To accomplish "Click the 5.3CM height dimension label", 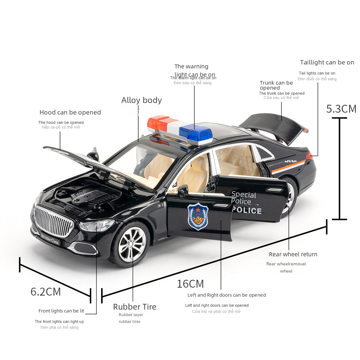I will [341, 108].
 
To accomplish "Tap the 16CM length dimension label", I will [190, 284].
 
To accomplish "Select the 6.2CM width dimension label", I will [46, 291].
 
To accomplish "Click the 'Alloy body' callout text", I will [141, 100].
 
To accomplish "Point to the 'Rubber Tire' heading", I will [135, 307].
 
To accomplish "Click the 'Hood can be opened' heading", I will [70, 112].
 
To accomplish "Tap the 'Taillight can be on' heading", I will [327, 62].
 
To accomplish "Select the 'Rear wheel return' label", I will [293, 254].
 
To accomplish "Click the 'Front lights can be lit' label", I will [61, 311].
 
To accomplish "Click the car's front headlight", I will [95, 226].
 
